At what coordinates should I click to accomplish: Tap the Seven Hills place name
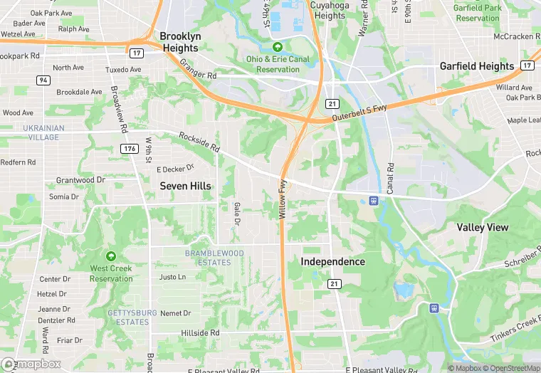(185, 186)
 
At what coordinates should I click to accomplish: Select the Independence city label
(332, 261)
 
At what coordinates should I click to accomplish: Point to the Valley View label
(483, 227)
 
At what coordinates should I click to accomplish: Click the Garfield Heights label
(477, 66)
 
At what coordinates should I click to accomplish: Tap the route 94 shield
(43, 80)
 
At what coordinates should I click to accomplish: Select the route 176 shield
(129, 149)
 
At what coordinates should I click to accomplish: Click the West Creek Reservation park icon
(110, 256)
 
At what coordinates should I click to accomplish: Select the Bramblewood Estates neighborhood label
(214, 258)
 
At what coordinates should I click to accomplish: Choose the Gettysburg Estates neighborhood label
(128, 317)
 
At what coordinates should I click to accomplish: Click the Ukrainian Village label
(33, 132)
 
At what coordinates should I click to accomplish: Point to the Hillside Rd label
(200, 333)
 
